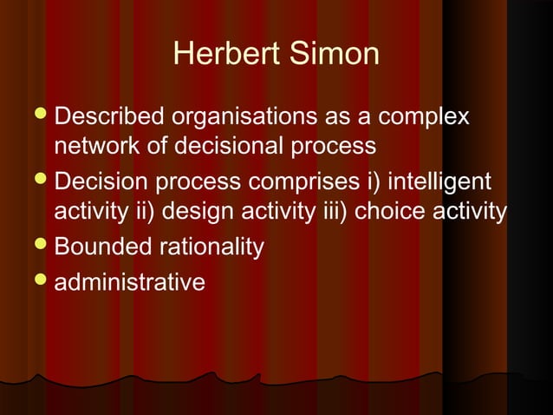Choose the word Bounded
pyautogui.click(x=104, y=247)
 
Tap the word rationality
pyautogui.click(x=212, y=248)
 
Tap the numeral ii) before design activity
pyautogui.click(x=149, y=212)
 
